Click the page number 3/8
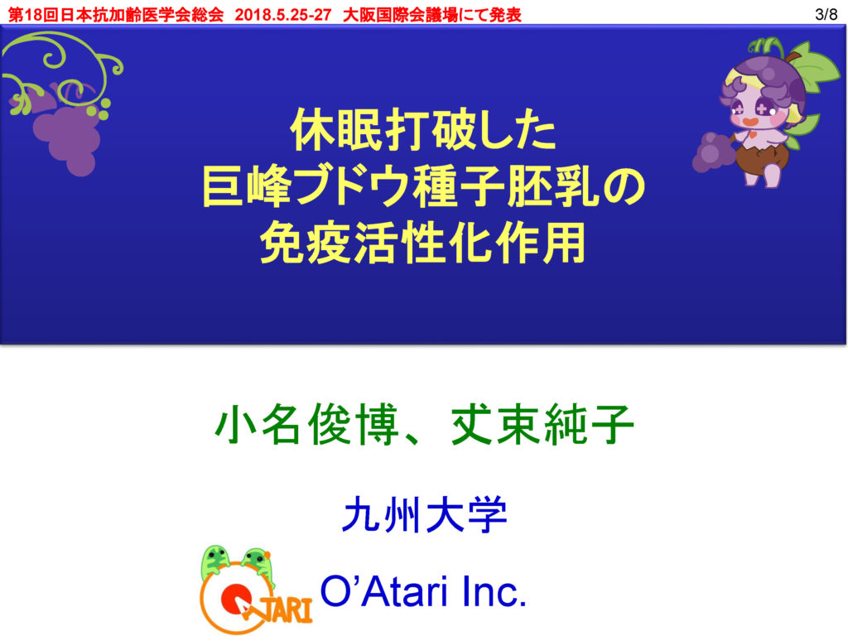tap(826, 15)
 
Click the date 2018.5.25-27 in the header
tap(283, 15)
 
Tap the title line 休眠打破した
tap(423, 130)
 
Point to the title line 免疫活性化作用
tap(423, 243)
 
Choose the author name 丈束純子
tap(542, 425)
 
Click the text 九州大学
tap(425, 514)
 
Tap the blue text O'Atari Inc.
tap(423, 591)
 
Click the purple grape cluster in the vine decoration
tap(68, 135)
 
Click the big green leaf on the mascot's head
tap(817, 70)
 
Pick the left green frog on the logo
tap(216, 562)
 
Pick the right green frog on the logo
tap(258, 565)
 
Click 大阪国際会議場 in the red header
tap(400, 15)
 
